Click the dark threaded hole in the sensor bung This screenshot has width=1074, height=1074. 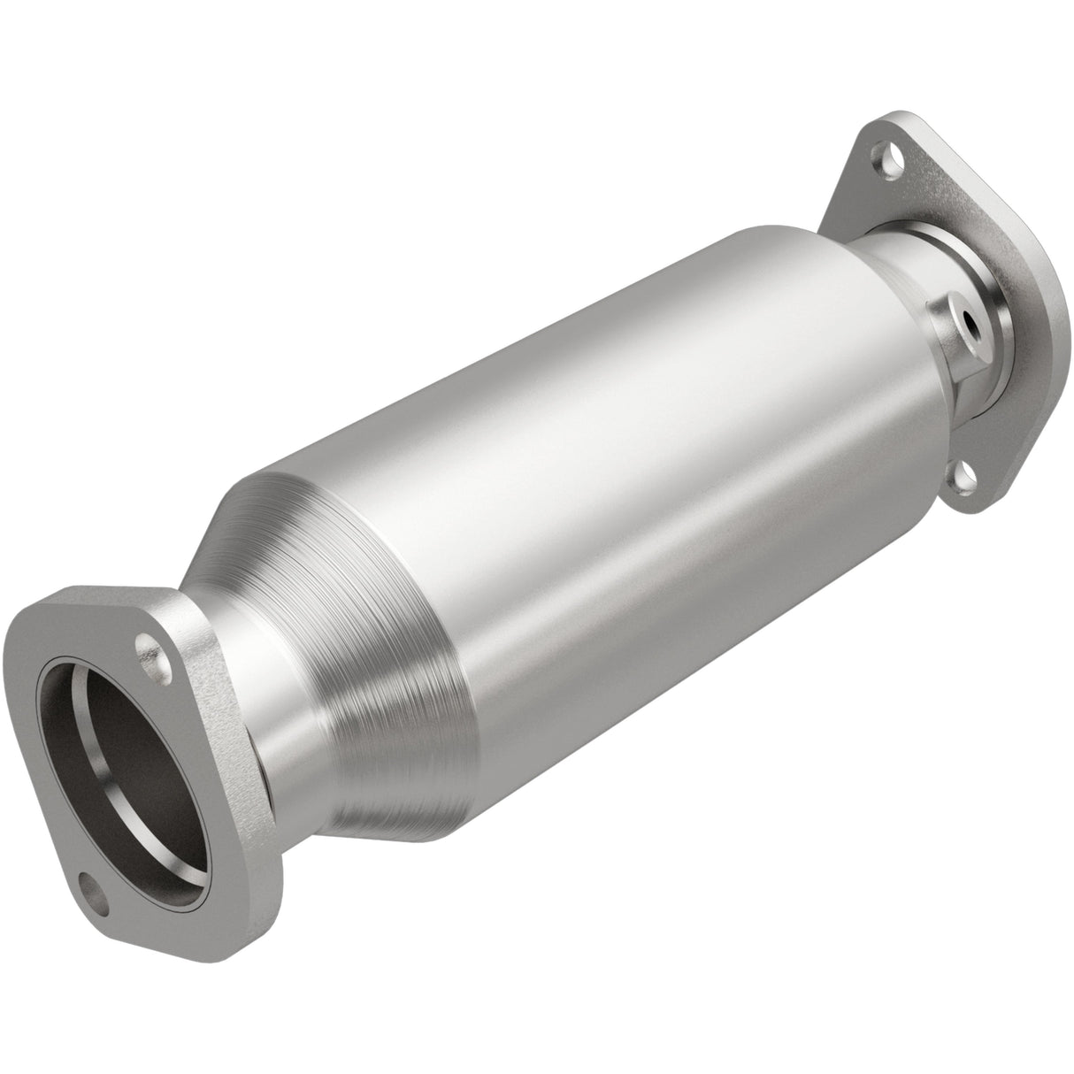(970, 329)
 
